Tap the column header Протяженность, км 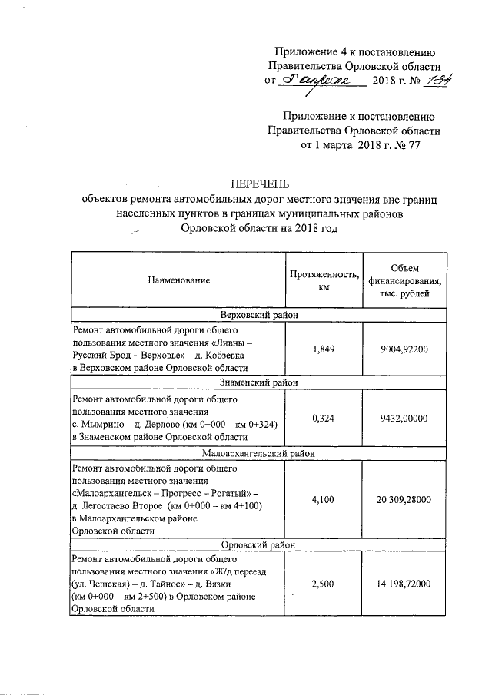(x=324, y=280)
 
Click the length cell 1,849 (x=324, y=349)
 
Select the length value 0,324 (x=324, y=418)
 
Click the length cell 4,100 (x=324, y=499)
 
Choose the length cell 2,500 (x=324, y=584)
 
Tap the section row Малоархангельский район (x=260, y=452)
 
